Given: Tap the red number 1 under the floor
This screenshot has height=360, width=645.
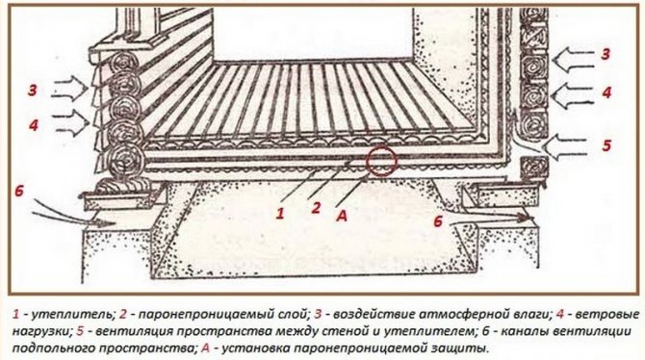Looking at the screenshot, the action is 280,213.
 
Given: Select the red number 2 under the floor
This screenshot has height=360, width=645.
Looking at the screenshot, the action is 316,207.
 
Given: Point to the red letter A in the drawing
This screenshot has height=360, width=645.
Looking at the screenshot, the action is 343,215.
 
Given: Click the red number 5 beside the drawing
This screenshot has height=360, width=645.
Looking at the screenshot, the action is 606,145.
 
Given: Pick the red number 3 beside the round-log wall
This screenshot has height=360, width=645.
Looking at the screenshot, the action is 33,90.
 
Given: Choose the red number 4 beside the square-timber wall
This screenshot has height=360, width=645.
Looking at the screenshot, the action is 606,92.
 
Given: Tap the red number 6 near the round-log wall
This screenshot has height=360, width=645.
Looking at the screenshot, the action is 19,192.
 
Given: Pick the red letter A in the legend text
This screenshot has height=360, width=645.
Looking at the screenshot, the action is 206,348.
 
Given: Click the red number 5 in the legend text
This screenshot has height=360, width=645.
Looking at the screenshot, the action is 80,331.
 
